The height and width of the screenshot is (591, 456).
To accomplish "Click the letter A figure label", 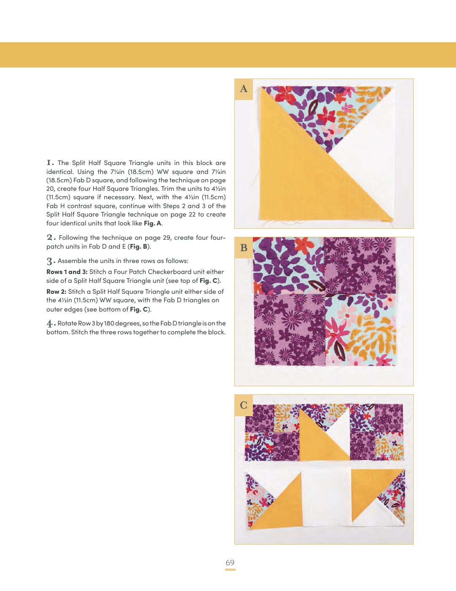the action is pyautogui.click(x=244, y=89).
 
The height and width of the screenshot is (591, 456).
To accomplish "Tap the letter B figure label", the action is pyautogui.click(x=244, y=248).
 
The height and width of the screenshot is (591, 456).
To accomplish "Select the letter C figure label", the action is pyautogui.click(x=244, y=405).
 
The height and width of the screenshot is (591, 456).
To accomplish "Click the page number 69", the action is pyautogui.click(x=230, y=562).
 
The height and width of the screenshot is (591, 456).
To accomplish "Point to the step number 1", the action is pyautogui.click(x=50, y=163).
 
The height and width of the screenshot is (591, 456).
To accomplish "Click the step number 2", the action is pyautogui.click(x=51, y=238).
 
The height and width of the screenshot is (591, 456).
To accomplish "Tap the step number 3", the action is pyautogui.click(x=51, y=261).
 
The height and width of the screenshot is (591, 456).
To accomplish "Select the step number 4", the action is pyautogui.click(x=51, y=324).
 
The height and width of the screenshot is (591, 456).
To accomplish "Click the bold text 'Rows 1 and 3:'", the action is pyautogui.click(x=67, y=272).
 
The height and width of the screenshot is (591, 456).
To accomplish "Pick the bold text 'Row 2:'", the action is pyautogui.click(x=56, y=292).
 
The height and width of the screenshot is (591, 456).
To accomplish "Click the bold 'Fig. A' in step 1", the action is pyautogui.click(x=152, y=223).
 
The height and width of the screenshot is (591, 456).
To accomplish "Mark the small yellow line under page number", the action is pyautogui.click(x=230, y=569).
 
